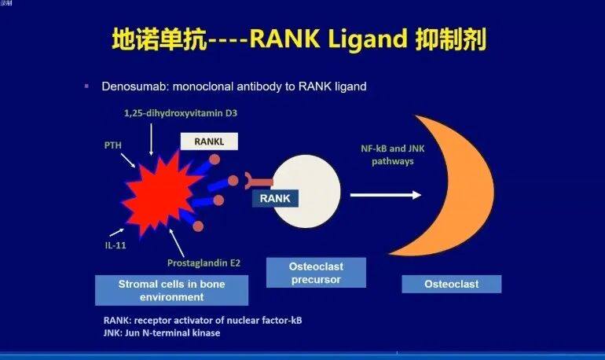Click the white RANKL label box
[x=208, y=141]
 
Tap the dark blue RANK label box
[x=275, y=199]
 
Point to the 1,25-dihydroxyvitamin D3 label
[x=180, y=113]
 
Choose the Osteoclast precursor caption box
[x=315, y=272]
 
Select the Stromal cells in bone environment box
[x=171, y=290]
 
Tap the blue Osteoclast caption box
[x=451, y=283]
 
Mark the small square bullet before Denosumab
[x=86, y=85]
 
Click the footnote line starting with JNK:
[x=162, y=333]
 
